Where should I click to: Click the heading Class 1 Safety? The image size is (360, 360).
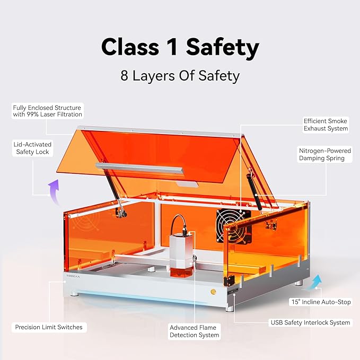point(180,47)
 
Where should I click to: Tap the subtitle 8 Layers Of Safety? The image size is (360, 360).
point(180,75)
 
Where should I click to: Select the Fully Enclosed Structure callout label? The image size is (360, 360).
point(48,111)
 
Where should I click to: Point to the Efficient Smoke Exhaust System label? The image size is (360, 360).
point(326,125)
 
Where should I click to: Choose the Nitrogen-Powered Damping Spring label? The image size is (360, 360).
point(321,154)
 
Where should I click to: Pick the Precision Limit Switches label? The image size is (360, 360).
point(49,327)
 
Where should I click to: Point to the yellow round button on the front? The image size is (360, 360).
point(213,292)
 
